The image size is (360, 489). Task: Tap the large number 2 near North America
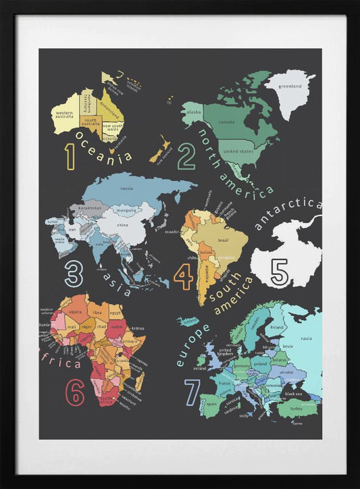pos(186,157)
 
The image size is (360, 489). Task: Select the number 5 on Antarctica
pos(279,272)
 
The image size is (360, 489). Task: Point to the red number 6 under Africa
pos(74,393)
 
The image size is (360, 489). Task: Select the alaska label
pos(195,112)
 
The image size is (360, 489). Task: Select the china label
pos(123,224)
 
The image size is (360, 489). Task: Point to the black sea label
pos(293,394)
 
